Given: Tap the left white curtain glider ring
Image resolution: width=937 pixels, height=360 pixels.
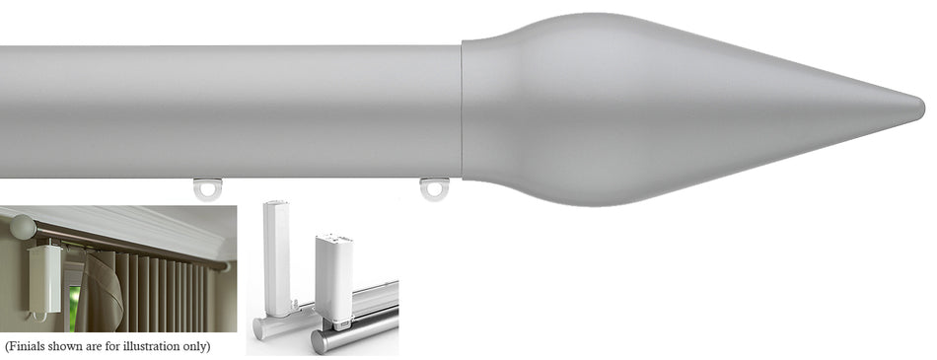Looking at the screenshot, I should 207,187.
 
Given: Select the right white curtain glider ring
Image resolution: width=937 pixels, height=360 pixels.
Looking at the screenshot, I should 434,187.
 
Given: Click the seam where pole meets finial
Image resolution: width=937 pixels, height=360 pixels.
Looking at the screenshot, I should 463,108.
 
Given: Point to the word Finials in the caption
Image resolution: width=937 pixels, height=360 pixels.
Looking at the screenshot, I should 36,347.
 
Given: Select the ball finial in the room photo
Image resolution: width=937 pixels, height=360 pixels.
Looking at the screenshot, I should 22,228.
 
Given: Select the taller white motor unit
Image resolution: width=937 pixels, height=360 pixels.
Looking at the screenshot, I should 277,256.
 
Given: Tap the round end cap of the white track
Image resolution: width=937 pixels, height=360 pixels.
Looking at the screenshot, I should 260,329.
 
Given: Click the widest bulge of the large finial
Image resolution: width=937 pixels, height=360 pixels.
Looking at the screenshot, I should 592,108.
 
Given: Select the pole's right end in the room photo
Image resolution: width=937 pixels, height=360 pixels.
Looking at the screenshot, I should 227,266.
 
